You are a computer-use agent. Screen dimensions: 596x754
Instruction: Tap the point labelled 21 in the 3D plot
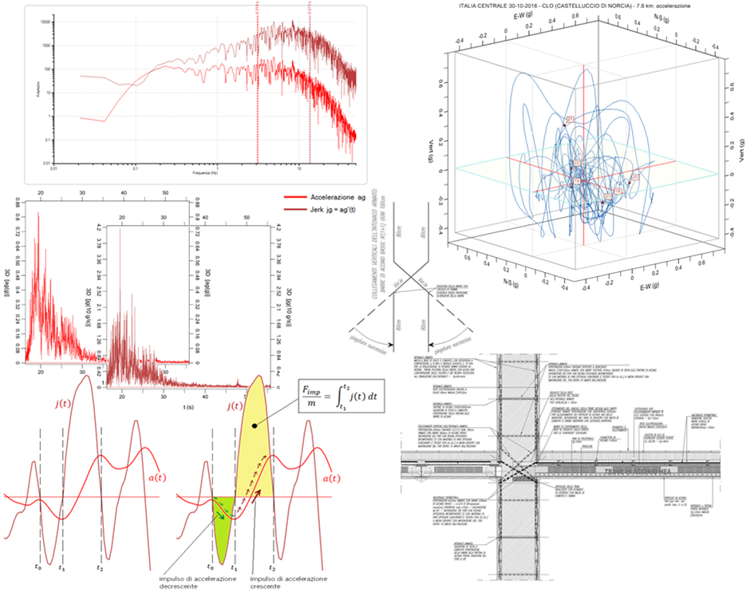(570, 120)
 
